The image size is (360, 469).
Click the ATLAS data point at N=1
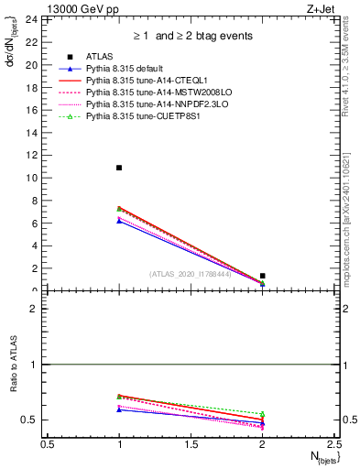(119, 168)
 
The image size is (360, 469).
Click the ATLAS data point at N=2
(262, 276)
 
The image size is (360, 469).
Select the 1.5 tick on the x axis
(191, 444)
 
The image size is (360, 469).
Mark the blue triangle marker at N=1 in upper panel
(119, 221)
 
